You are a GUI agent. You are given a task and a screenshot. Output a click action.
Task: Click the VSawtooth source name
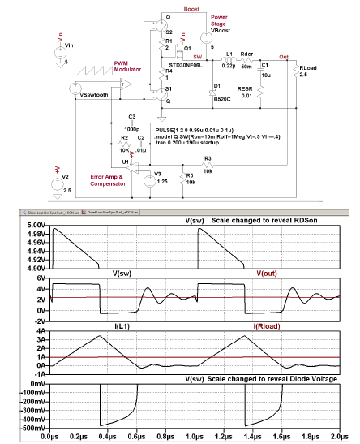(98, 95)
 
